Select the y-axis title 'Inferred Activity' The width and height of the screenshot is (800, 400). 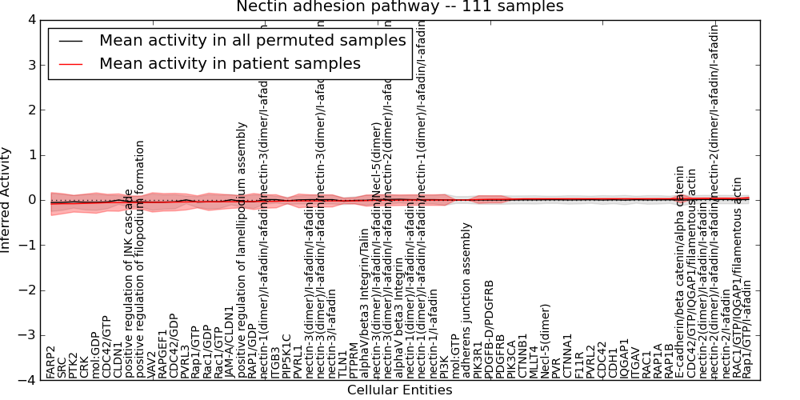[x=6, y=199]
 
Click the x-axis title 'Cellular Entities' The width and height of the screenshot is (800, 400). [x=399, y=390]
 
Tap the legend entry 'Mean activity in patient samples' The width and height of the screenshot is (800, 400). [x=230, y=64]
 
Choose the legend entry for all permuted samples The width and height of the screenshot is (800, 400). [x=252, y=41]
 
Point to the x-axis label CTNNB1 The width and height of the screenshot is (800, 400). [x=524, y=356]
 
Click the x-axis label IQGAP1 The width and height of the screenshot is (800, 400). [x=625, y=358]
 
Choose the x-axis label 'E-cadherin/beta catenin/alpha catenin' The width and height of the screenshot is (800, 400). [x=681, y=272]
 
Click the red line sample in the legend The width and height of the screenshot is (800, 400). [x=70, y=64]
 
